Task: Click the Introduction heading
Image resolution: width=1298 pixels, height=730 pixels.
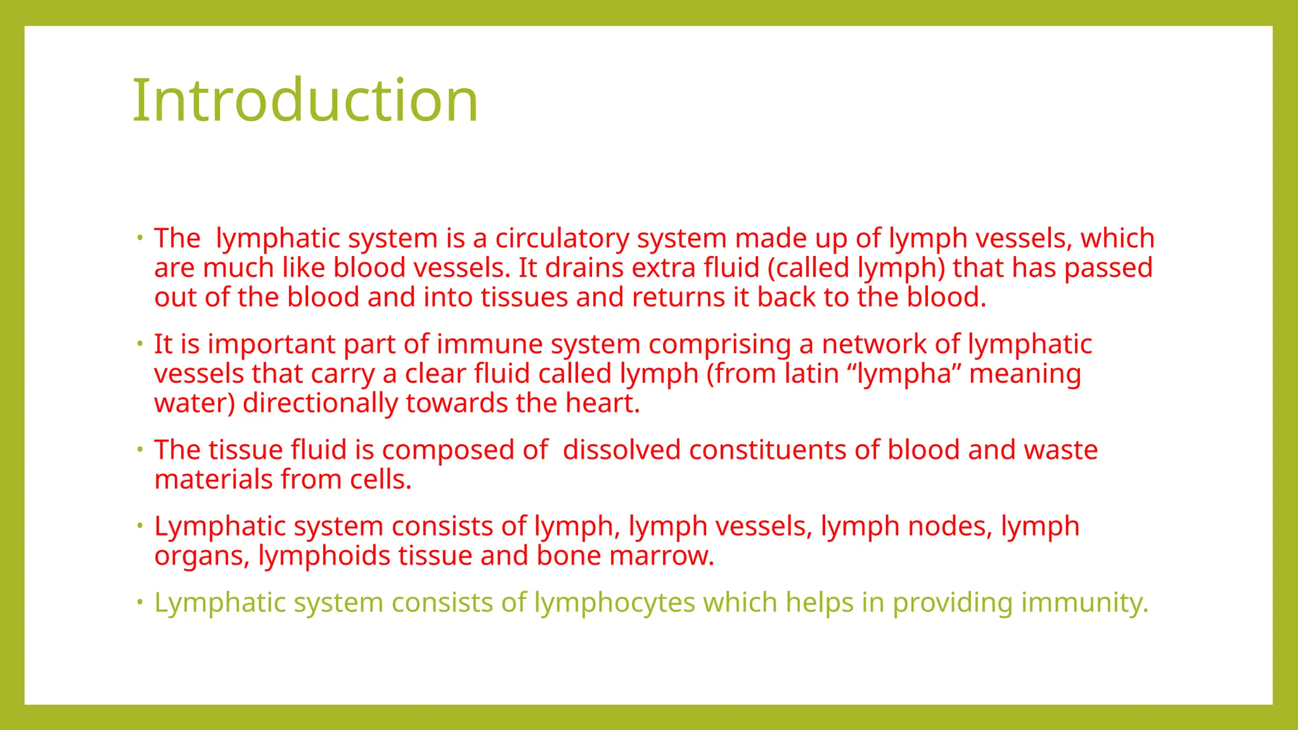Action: click(305, 100)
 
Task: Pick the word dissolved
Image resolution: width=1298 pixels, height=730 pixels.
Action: click(621, 451)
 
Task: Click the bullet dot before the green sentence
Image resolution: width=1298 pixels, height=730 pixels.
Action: click(140, 602)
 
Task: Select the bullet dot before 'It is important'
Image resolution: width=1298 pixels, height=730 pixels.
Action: click(140, 344)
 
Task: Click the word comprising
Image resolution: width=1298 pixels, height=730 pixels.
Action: click(719, 345)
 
